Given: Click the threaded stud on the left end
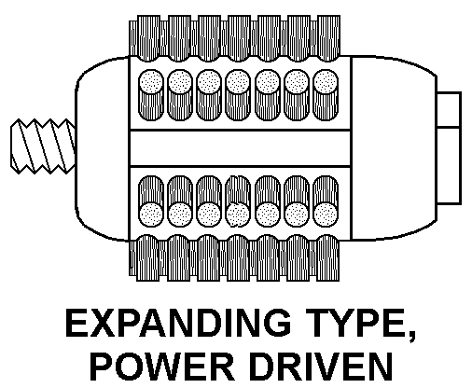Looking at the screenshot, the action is pyautogui.click(x=43, y=146).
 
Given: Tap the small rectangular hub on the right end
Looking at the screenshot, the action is pyautogui.click(x=449, y=148).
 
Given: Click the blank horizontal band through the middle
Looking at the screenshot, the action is pyautogui.click(x=240, y=148).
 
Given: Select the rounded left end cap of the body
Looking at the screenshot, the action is pyautogui.click(x=103, y=148).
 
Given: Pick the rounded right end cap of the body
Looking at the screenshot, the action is pyautogui.click(x=394, y=148).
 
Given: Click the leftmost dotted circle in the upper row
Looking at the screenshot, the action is pyautogui.click(x=151, y=81).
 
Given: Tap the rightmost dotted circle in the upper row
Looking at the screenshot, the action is pyautogui.click(x=326, y=81).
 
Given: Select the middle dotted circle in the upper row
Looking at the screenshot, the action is pyautogui.click(x=238, y=81).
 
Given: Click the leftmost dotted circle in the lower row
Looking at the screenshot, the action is pyautogui.click(x=151, y=215).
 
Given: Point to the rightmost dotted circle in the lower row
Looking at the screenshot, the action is pyautogui.click(x=326, y=215).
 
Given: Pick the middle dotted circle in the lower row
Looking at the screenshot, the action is pyautogui.click(x=238, y=215).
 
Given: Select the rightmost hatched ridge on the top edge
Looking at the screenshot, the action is pyautogui.click(x=328, y=38).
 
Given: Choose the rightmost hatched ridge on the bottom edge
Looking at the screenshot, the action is pyautogui.click(x=328, y=258).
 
